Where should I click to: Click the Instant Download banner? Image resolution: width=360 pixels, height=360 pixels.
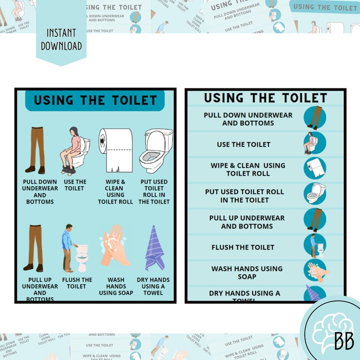(61, 40)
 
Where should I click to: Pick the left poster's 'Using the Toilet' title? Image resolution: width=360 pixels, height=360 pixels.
(95, 100)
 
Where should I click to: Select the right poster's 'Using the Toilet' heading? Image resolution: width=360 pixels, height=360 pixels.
(265, 97)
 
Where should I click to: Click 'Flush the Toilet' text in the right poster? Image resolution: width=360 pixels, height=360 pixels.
(243, 247)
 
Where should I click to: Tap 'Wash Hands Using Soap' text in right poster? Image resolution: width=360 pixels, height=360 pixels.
(247, 272)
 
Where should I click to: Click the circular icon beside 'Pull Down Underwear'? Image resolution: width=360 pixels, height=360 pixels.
(315, 117)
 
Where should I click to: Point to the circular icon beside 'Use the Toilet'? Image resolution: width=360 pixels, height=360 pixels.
(315, 143)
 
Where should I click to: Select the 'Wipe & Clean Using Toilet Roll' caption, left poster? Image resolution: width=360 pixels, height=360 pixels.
(115, 191)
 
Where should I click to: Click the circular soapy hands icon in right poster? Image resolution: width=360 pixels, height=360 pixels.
(315, 271)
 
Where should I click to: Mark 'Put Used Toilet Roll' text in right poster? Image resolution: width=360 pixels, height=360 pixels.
(244, 195)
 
